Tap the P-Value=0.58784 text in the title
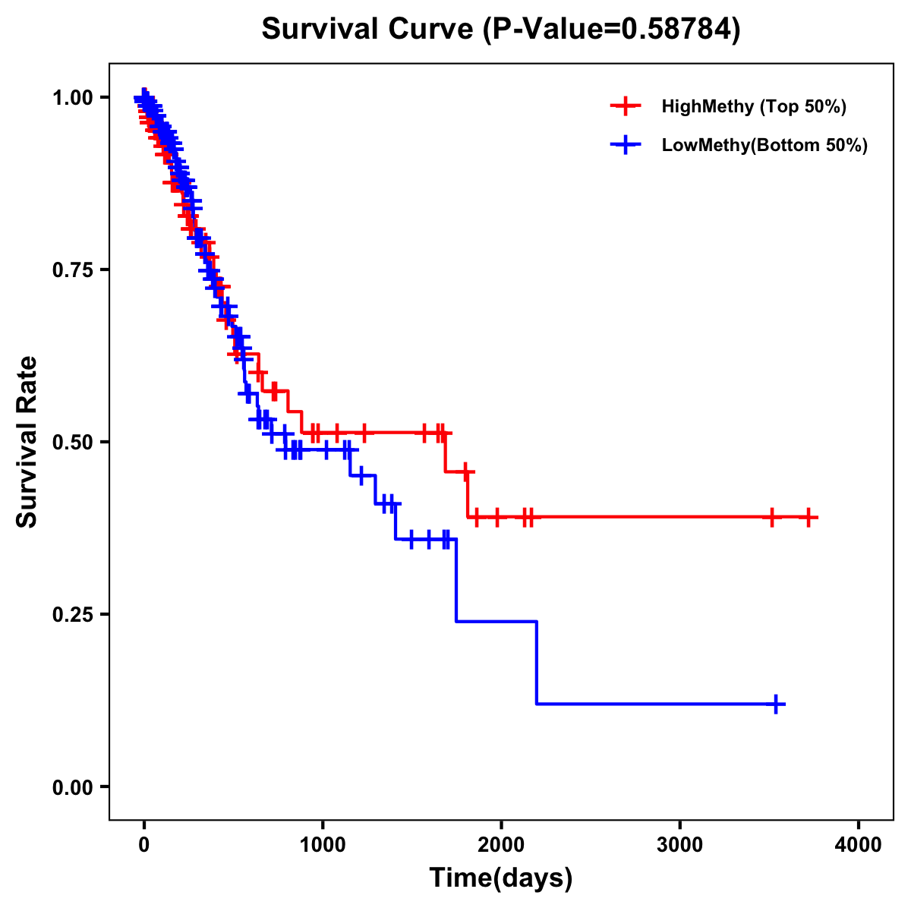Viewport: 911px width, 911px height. point(613,30)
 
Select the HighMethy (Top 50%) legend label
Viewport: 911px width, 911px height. point(754,106)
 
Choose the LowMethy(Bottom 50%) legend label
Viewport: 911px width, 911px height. point(764,145)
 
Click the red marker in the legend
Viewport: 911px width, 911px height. point(626,106)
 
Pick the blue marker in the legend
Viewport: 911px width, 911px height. point(626,145)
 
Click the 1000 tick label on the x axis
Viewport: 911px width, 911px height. point(323,845)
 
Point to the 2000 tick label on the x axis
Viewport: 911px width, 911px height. point(501,845)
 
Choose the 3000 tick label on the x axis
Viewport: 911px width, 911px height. point(679,845)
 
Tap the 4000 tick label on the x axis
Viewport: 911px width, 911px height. point(859,845)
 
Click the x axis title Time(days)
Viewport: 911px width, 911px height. point(501,878)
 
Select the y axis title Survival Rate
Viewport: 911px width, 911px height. point(27,441)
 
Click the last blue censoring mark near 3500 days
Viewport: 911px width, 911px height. point(776,704)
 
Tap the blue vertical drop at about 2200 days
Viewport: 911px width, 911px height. point(537,662)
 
